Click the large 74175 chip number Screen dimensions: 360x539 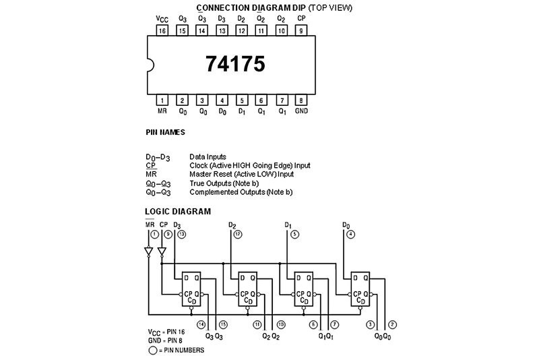tap(235, 63)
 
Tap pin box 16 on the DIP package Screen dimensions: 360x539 tap(162, 30)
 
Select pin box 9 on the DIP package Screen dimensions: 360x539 tap(300, 30)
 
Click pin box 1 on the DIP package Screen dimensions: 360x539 tap(162, 100)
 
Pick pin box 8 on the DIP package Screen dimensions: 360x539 tap(300, 100)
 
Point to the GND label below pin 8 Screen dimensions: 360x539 tap(301, 111)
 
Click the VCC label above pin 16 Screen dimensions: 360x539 tap(162, 19)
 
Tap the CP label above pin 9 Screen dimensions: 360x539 tap(301, 19)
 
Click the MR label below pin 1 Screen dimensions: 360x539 tap(162, 111)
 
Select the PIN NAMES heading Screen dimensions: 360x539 tap(165, 132)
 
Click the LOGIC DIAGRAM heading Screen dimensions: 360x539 tap(178, 211)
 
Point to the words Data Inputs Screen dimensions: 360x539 tap(208, 156)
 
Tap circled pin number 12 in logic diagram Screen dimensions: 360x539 tap(237, 234)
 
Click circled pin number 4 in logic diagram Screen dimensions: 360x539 tap(350, 234)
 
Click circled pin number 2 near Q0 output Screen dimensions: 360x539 tap(392, 325)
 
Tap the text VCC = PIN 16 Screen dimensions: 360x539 tap(165, 333)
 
